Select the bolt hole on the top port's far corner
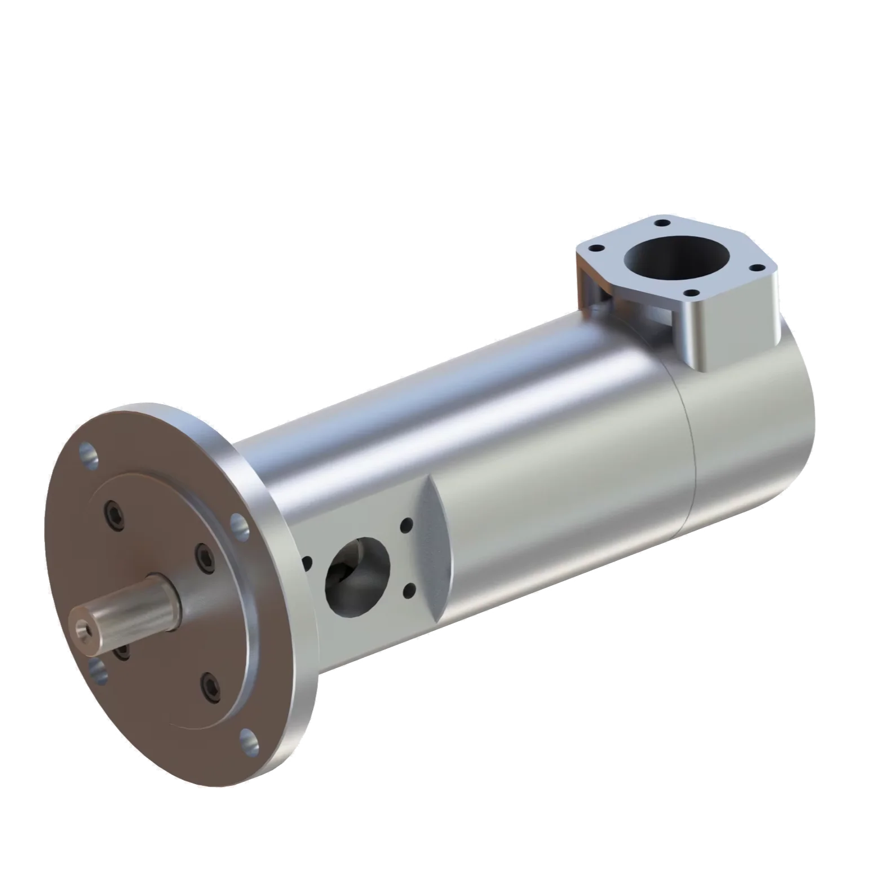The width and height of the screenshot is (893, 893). (x=661, y=222)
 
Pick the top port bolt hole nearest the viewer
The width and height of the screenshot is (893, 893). (x=691, y=293)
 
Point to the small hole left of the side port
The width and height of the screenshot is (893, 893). (x=308, y=563)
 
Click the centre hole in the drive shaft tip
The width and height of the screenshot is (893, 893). (x=81, y=627)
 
